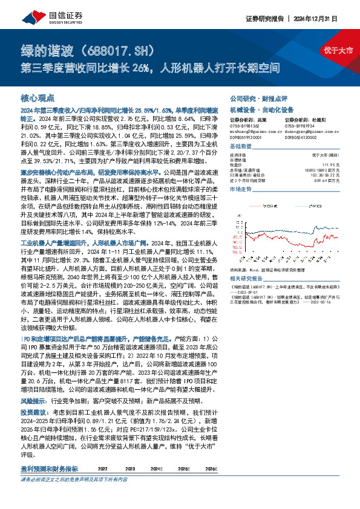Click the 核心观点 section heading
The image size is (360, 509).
point(38,97)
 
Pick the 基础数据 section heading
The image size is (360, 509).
point(240,147)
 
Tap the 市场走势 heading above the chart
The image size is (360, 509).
point(240,190)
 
